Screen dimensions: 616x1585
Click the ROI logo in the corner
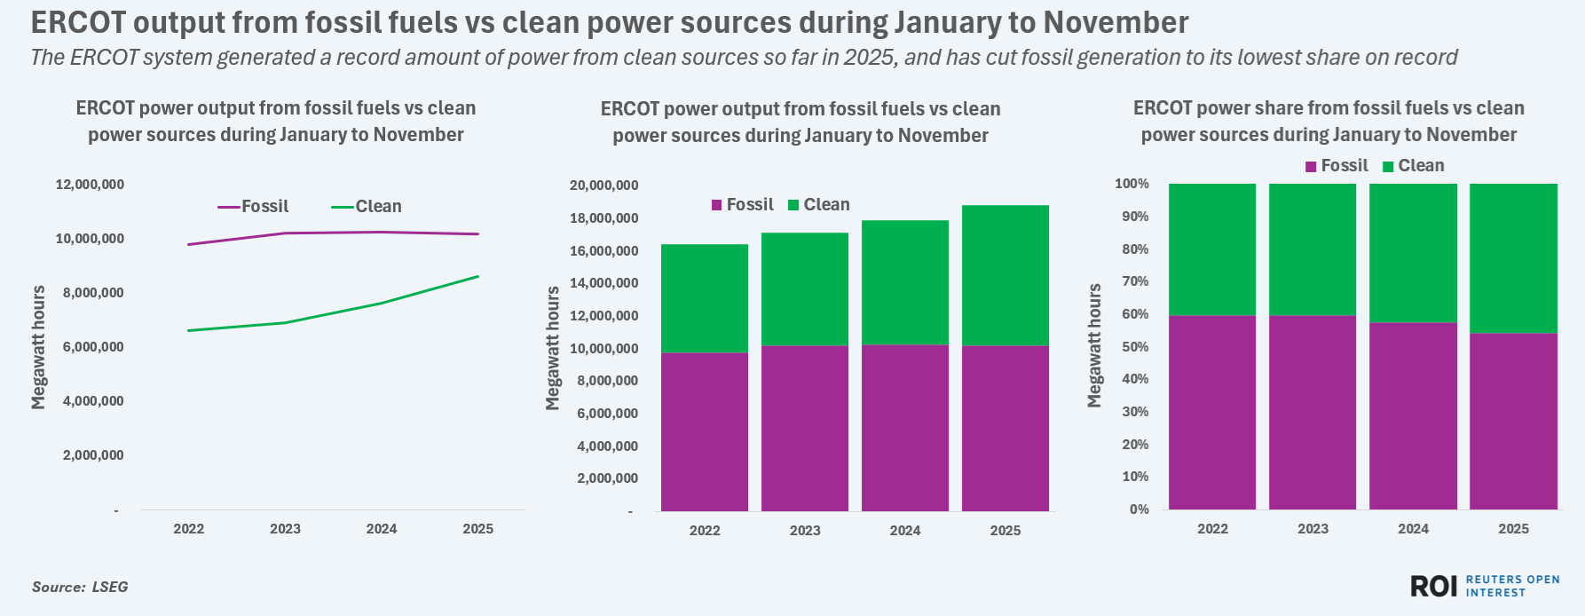pos(1433,586)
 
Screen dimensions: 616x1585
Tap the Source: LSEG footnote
pos(80,587)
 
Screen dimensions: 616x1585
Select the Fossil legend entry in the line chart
pos(255,207)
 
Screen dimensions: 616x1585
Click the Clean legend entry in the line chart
pos(367,207)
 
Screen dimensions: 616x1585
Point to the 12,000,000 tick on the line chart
pos(90,185)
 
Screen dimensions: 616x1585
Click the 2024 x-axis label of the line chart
pos(382,529)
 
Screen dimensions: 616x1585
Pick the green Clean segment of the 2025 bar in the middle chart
pos(1005,275)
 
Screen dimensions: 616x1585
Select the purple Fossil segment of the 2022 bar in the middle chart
pos(705,431)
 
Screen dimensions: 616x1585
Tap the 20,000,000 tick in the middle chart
pos(603,186)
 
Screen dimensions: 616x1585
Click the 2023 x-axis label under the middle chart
pos(805,531)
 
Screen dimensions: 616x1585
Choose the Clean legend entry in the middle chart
pos(819,205)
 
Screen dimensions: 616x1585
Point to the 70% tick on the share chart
pos(1135,281)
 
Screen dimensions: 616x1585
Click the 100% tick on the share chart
pos(1132,184)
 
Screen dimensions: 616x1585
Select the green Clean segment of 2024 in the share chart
pos(1413,253)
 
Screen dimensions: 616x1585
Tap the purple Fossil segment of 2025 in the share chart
pos(1513,421)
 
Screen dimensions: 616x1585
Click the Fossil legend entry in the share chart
pos(1337,166)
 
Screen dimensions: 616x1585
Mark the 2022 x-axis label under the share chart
pos(1212,529)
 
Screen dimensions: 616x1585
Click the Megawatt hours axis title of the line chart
pos(38,347)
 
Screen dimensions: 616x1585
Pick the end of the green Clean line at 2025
pos(478,276)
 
